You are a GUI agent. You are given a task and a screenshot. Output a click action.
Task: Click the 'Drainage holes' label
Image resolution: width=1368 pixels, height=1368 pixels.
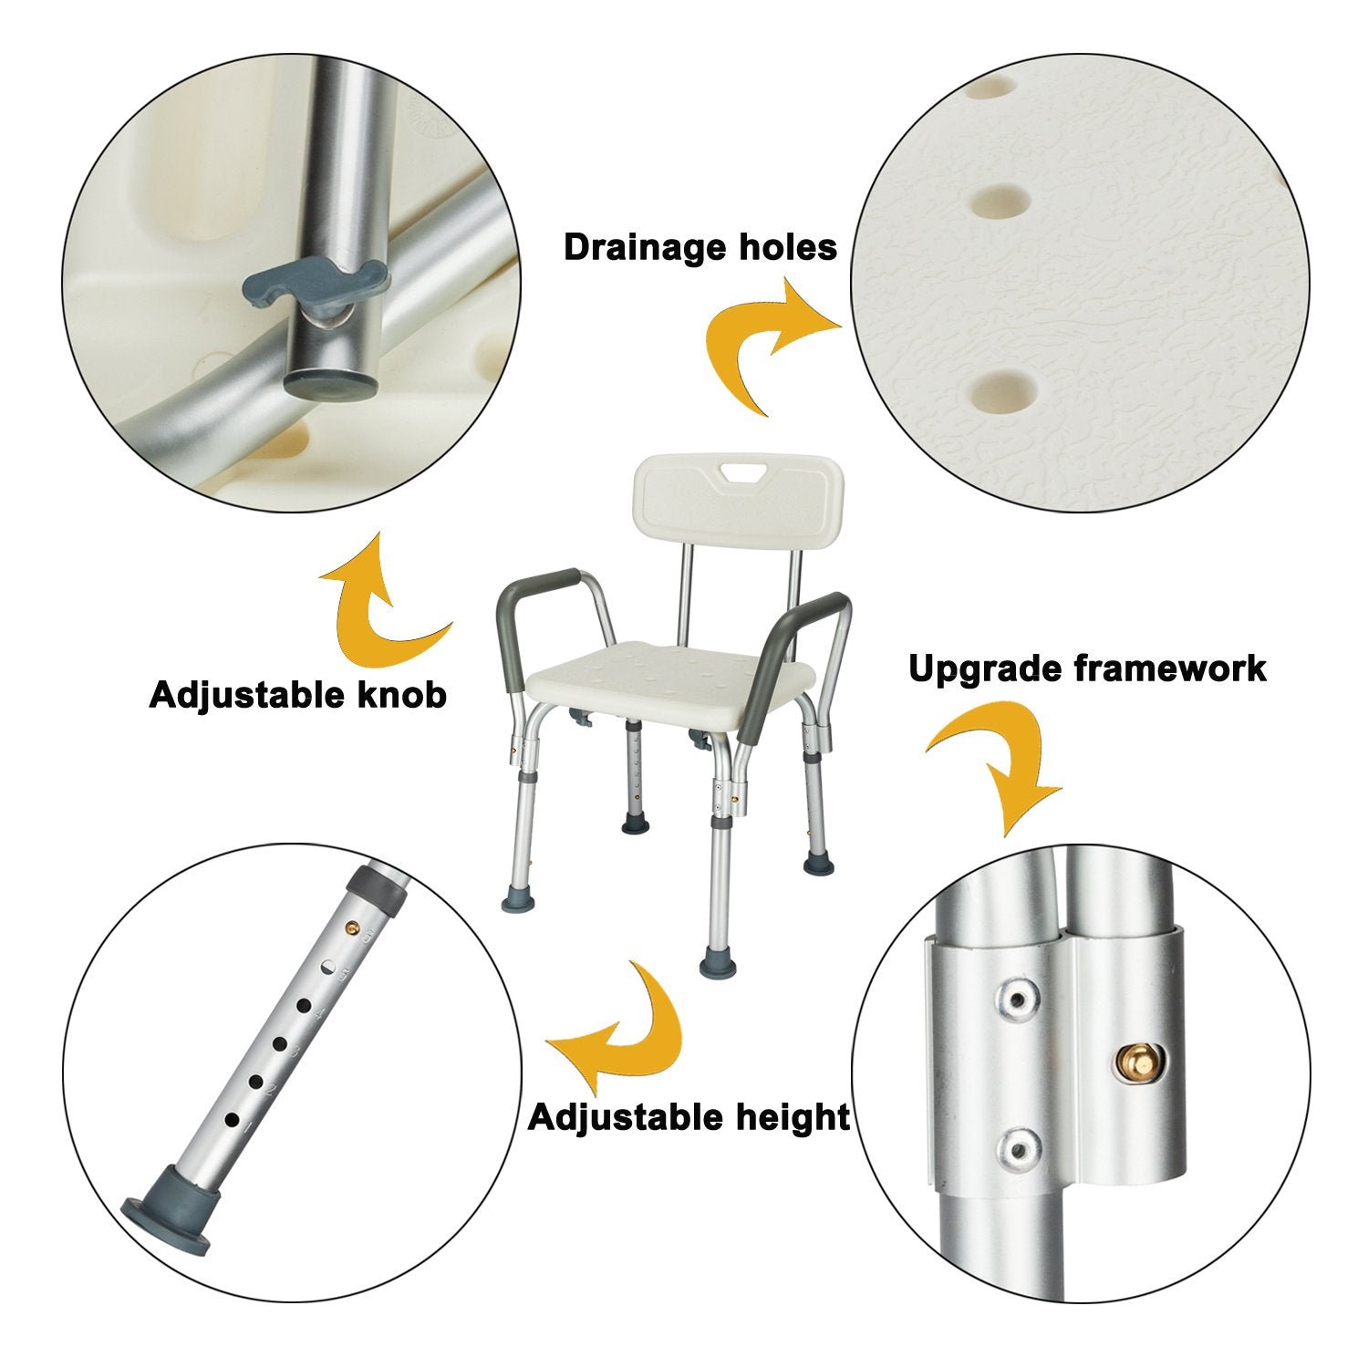click(x=700, y=247)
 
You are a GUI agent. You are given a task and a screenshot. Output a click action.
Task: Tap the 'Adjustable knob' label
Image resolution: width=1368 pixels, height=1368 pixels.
click(x=297, y=695)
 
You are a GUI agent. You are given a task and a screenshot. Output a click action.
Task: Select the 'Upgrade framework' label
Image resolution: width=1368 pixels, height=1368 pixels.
click(x=1087, y=668)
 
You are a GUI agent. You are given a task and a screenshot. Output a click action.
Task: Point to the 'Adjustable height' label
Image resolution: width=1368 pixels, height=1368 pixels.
click(x=689, y=1116)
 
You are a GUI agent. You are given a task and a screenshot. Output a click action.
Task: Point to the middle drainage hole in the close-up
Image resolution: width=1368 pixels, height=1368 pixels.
click(x=998, y=200)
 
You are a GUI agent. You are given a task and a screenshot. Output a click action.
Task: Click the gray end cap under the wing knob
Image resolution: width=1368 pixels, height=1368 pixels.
click(x=330, y=382)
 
